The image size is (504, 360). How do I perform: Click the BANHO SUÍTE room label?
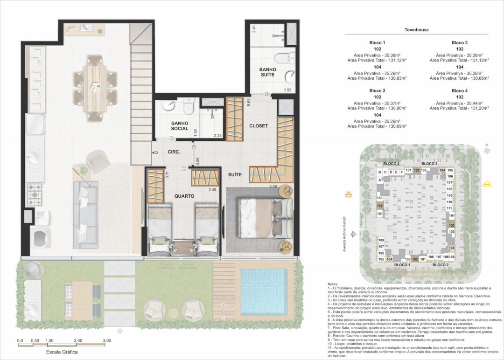(x=268, y=72)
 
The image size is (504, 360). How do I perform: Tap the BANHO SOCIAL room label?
(x=180, y=125)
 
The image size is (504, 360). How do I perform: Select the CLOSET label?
(x=259, y=126)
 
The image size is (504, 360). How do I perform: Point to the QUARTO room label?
(x=184, y=196)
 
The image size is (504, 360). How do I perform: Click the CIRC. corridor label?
(x=174, y=152)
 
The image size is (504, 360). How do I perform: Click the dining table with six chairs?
(x=95, y=87)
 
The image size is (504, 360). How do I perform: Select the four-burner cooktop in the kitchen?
(x=35, y=195)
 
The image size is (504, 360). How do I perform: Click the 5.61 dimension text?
(x=250, y=103)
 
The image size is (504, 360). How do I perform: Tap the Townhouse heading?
(x=417, y=30)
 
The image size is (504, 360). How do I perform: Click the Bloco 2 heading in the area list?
(x=377, y=90)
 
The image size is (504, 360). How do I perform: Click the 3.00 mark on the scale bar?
(x=106, y=340)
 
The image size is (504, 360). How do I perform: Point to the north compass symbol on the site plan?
(x=486, y=150)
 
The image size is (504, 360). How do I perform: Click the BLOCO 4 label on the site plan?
(x=391, y=164)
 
